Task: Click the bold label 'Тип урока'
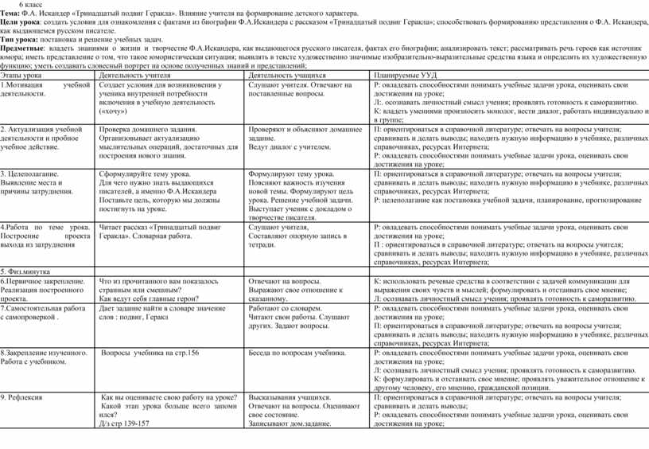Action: [17, 39]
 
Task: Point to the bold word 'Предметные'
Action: [22, 49]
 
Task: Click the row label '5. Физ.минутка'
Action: [25, 271]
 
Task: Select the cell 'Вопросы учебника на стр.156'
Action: [150, 352]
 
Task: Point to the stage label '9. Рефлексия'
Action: [27, 396]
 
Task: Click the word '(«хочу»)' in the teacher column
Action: [117, 112]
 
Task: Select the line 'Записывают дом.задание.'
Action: [290, 424]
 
